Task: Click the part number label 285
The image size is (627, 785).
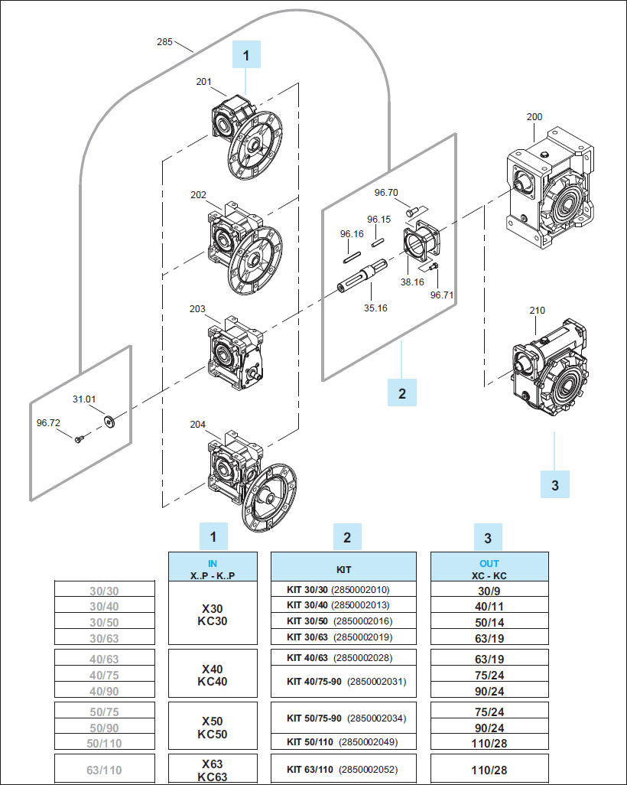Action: coord(164,42)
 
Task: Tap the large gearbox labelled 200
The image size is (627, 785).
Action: coord(548,191)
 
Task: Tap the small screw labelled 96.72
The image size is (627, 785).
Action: coord(79,439)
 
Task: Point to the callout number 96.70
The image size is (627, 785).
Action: coord(386,193)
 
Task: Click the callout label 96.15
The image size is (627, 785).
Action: coord(378,220)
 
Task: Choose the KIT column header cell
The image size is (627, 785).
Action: coord(344,567)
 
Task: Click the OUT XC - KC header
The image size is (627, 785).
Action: coord(489,567)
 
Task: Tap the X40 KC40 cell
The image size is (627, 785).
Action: coord(213,675)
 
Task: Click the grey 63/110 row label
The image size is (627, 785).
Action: coord(105,770)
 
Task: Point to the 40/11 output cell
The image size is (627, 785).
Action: coord(489,605)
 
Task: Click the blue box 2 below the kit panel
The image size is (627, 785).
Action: coord(402,393)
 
